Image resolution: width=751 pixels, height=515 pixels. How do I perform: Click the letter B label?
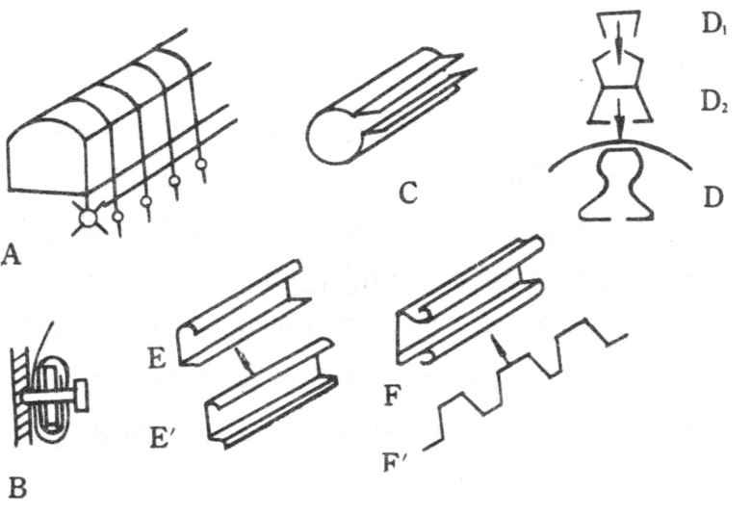[16, 490]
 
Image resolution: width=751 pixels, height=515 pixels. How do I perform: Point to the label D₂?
[713, 99]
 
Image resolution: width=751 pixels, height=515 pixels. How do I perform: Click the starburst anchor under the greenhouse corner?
[89, 219]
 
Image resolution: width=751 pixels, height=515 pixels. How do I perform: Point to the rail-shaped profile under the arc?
[616, 188]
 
